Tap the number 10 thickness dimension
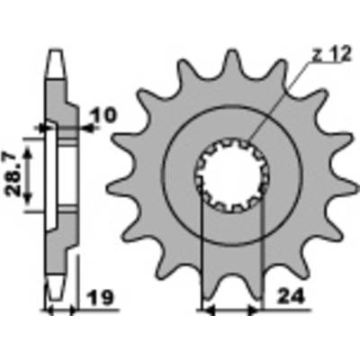103,116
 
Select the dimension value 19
101,298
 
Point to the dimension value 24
290,297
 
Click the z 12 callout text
331,55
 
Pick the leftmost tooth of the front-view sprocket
120,188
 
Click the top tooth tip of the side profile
56,64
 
